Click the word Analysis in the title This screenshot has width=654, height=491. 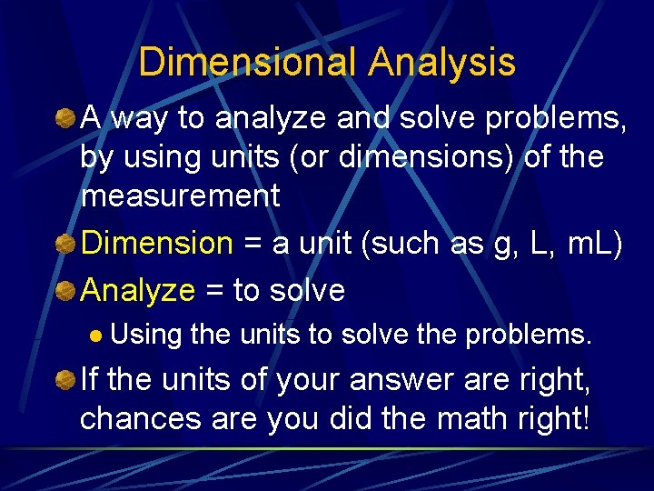[x=442, y=63]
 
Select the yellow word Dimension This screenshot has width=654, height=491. [x=157, y=244]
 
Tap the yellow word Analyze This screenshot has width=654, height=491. [x=138, y=290]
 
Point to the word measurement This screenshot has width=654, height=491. [x=181, y=195]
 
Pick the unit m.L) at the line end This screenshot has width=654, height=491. [x=594, y=244]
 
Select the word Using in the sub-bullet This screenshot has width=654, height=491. [x=148, y=335]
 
